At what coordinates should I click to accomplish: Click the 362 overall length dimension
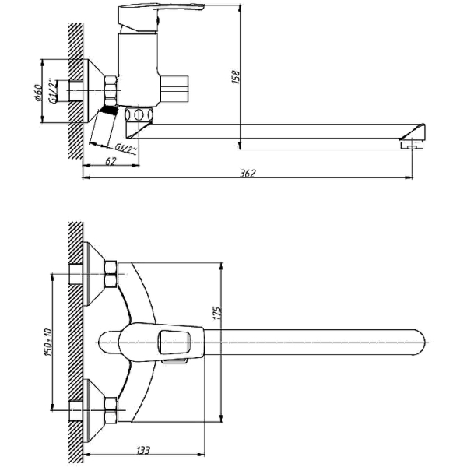(x=248, y=173)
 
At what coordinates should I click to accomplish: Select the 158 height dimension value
(x=235, y=76)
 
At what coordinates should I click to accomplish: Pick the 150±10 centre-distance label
(x=47, y=342)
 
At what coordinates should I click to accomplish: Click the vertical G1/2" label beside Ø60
(x=53, y=91)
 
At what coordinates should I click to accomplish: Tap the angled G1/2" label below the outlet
(x=126, y=147)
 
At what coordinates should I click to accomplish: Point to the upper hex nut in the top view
(x=111, y=273)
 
